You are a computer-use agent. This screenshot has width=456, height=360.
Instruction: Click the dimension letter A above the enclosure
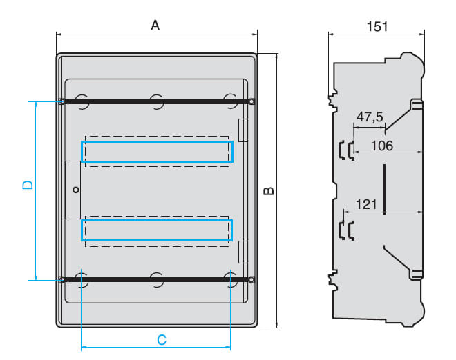155,26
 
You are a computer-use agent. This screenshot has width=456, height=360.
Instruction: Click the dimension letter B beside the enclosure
269,191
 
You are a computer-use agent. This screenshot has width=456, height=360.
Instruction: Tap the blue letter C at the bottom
162,340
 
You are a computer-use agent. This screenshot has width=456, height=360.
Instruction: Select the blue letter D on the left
28,185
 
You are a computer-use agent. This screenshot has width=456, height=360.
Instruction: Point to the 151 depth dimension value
377,26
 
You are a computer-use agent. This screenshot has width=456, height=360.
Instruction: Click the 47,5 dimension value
370,117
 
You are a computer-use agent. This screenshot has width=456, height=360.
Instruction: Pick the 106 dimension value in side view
382,146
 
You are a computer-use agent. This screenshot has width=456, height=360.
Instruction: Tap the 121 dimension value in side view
366,204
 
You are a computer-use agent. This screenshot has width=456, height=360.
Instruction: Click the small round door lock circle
76,190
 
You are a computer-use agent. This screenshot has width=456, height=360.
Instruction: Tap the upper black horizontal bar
156,101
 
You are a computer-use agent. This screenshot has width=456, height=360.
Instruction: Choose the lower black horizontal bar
156,279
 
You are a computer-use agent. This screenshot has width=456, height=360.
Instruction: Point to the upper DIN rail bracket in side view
346,150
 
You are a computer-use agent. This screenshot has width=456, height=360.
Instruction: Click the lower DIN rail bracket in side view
346,230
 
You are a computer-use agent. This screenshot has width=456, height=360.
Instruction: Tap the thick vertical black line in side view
384,189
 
